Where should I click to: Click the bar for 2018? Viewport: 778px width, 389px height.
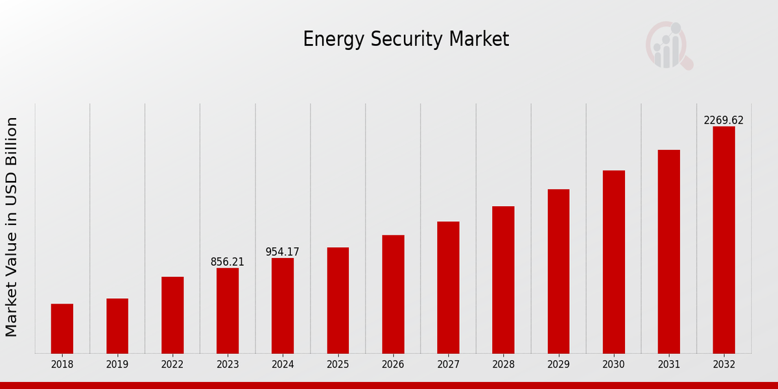coord(62,329)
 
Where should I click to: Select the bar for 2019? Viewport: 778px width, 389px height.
coord(117,326)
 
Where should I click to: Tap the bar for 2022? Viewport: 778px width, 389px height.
coord(172,315)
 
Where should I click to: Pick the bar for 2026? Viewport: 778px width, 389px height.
coord(393,294)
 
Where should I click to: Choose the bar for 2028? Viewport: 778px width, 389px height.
coord(503,280)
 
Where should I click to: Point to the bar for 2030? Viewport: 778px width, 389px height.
coord(613,262)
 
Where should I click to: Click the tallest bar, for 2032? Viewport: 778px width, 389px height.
coord(724,240)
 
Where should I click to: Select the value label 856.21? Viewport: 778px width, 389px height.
coord(228,262)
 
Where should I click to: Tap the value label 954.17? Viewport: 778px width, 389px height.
coord(283,252)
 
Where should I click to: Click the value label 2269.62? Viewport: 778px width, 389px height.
coord(724,121)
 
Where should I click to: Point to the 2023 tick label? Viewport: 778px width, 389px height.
coord(228,364)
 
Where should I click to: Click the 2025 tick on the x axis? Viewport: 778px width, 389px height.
coord(338,364)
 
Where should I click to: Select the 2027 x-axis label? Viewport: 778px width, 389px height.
coord(448,364)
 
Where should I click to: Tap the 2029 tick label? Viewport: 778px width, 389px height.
coord(558,364)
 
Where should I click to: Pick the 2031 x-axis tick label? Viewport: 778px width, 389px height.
coord(668,364)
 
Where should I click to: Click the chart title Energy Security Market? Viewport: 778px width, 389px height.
coord(406,40)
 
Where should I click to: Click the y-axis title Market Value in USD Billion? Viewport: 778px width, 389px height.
coord(12,227)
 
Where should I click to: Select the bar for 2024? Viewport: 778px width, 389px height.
coord(283,305)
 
